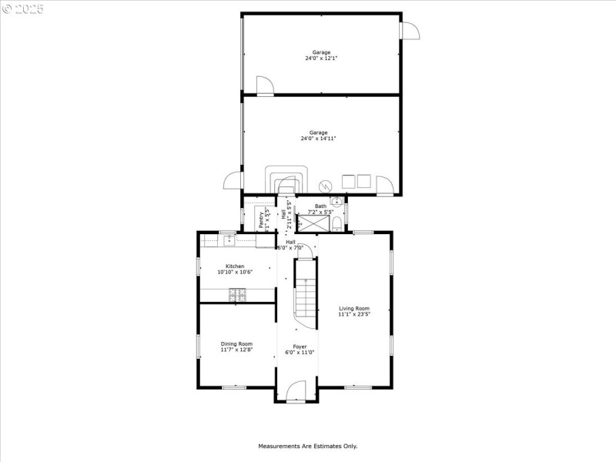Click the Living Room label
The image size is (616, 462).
[x=354, y=311]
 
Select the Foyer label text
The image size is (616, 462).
[x=300, y=350]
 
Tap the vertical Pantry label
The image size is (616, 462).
[x=261, y=219]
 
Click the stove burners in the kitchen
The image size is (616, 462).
[x=237, y=293]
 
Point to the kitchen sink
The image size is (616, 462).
[x=229, y=241]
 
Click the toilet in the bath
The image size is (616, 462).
[x=337, y=224]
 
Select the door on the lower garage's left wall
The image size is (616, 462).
[x=232, y=181]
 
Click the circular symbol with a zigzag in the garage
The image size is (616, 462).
[x=326, y=186]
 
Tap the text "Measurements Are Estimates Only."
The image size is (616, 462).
[x=307, y=446]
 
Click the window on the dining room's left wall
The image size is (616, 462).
[x=198, y=346]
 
